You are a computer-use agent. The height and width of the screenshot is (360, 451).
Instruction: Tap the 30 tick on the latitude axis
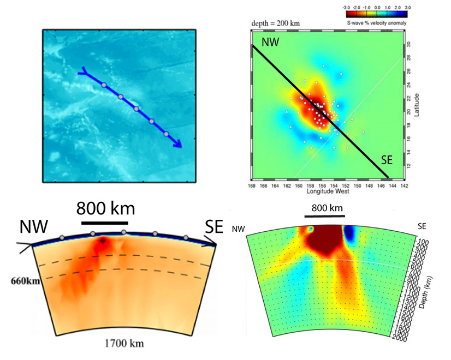(x=409, y=44)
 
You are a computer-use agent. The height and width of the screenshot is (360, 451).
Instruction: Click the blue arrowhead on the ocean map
(x=176, y=143)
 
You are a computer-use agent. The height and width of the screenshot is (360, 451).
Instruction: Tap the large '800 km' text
(x=105, y=208)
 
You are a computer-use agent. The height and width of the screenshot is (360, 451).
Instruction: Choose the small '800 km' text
(x=327, y=208)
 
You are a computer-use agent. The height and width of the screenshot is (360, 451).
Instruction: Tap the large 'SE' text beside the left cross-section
(x=215, y=226)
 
